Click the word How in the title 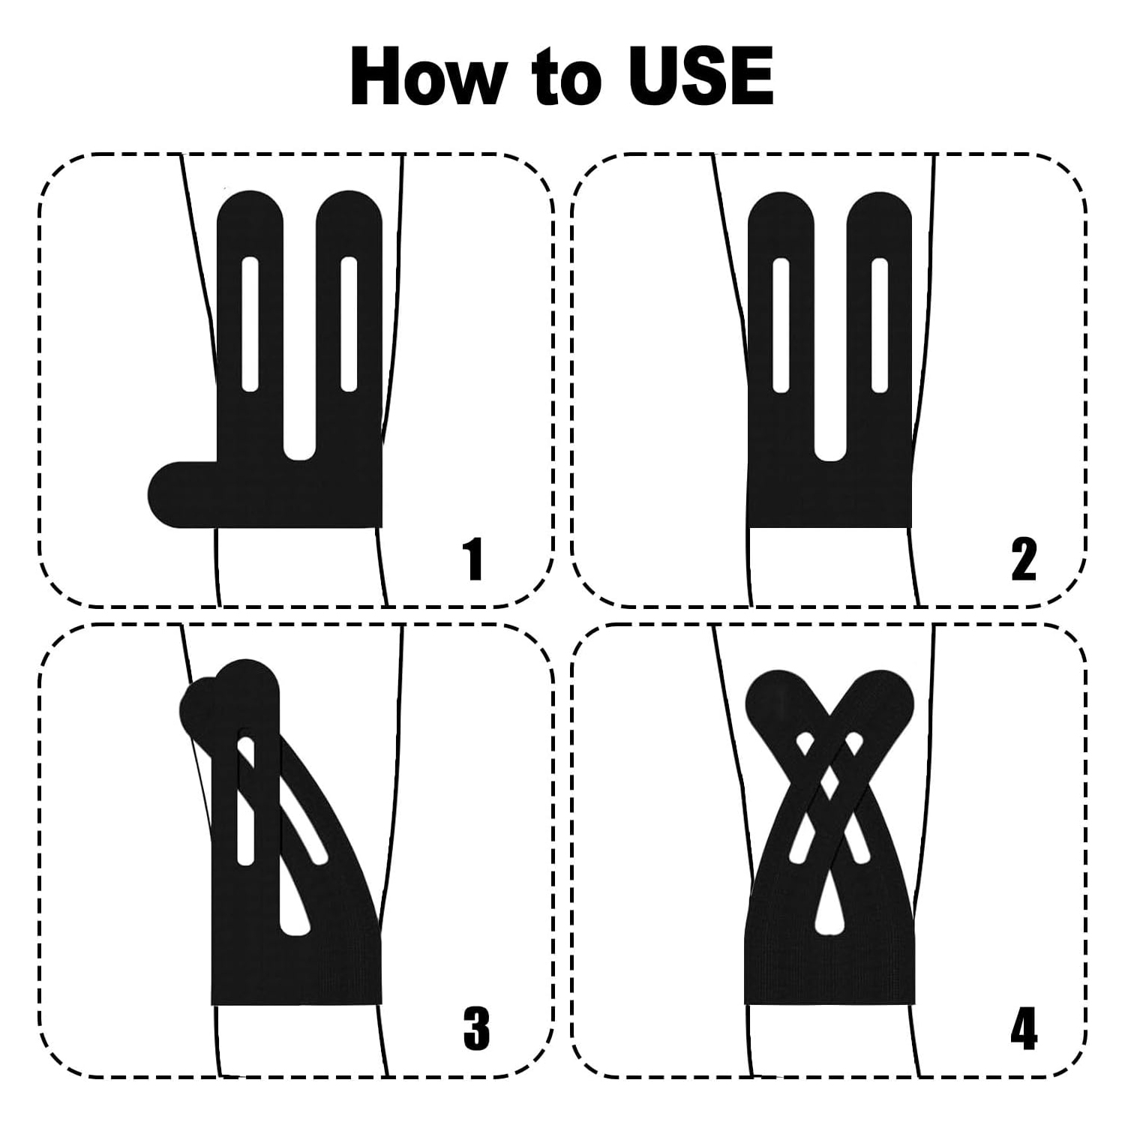coord(425,76)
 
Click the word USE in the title coord(700,76)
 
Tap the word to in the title coord(564,79)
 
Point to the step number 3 coord(476,1028)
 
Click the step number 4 coord(1024,1028)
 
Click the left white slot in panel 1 coord(250,324)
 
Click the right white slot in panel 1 coord(349,324)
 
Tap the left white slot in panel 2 coord(781,325)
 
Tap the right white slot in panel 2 coord(880,325)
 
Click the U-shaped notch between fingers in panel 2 coord(830,442)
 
